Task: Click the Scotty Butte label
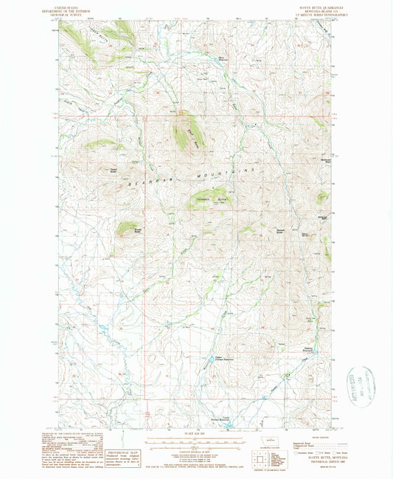tap(137, 230)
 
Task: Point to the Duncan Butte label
tap(281, 230)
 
